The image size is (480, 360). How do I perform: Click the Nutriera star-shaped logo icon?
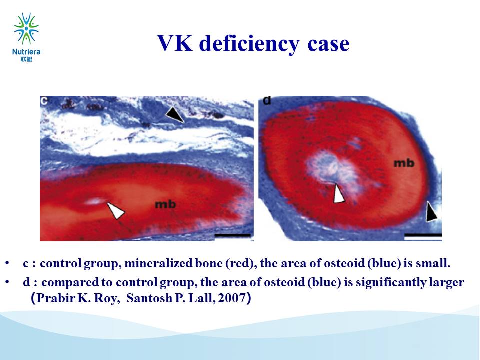[x=26, y=28]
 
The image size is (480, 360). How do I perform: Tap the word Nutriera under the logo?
[x=26, y=52]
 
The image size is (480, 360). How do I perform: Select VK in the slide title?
[x=175, y=43]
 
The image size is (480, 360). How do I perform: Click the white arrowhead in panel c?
[x=116, y=210]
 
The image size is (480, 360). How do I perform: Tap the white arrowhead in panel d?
[x=339, y=193]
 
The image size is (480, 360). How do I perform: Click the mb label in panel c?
[x=165, y=204]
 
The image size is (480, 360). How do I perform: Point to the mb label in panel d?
[x=404, y=163]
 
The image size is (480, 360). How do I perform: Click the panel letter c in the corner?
[x=44, y=100]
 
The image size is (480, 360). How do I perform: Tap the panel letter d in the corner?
[x=267, y=100]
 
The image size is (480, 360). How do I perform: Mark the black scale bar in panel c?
[x=233, y=235]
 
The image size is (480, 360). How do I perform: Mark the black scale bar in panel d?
[x=423, y=235]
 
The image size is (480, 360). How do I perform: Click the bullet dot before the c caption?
[x=7, y=264]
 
